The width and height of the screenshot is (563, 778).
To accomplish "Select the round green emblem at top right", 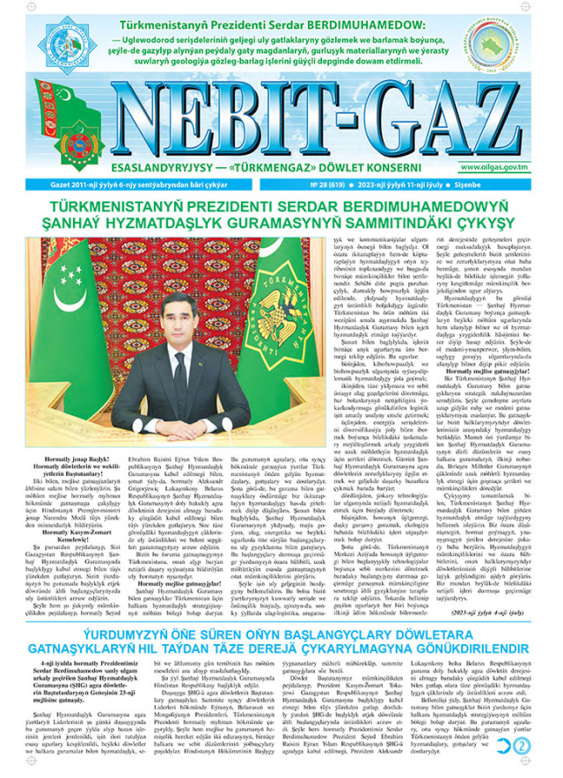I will coord(524,43).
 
